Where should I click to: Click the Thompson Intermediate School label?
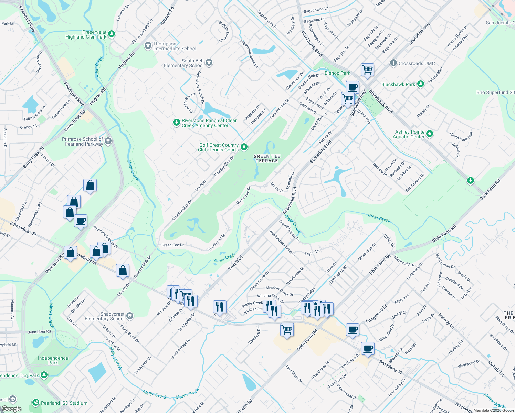pos(175,46)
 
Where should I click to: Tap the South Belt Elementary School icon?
pos(209,63)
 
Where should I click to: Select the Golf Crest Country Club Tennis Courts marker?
pos(244,147)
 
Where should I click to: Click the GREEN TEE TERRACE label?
pos(267,159)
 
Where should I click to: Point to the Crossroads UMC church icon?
pos(393,63)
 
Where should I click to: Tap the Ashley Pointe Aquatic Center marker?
pos(429,134)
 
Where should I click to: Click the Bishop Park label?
pos(337,73)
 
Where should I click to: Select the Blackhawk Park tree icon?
pos(420,84)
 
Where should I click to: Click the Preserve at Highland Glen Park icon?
pos(111,34)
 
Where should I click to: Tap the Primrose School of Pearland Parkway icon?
pos(108,141)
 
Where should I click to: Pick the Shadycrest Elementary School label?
pos(105,317)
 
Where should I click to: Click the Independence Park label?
pos(53,360)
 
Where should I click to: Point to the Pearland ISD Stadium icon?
pos(35,403)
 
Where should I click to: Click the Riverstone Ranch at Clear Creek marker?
pos(176,123)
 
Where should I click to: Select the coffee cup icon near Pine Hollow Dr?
pos(368,349)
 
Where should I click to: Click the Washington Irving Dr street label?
pos(282,243)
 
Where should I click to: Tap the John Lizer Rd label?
pos(39,332)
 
